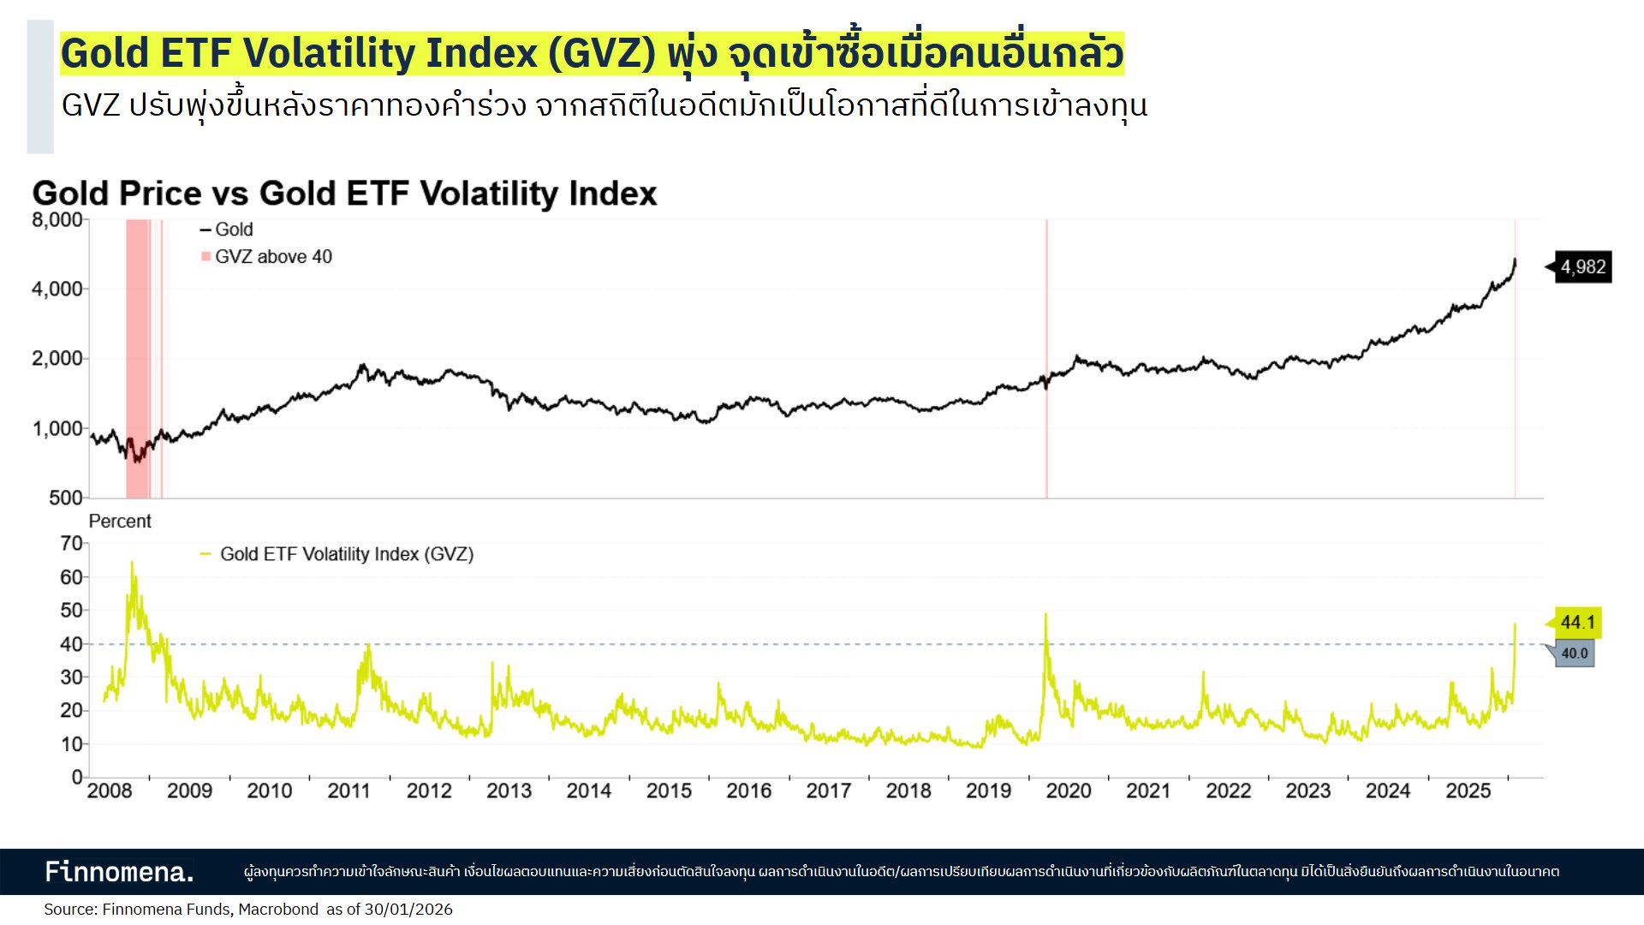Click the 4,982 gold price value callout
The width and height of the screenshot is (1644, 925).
tap(1583, 267)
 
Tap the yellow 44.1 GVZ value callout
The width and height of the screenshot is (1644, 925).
tap(1577, 623)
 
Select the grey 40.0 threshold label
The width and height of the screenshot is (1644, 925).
tap(1574, 653)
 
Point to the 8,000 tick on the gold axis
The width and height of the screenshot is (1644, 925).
tap(57, 220)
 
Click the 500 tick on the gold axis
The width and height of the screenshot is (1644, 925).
tap(65, 498)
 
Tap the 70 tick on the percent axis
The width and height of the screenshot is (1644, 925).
tap(71, 544)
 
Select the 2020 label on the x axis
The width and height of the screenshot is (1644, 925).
tap(1068, 791)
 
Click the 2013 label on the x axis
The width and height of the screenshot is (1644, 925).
tap(509, 791)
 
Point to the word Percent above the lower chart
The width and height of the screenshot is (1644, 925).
tap(120, 522)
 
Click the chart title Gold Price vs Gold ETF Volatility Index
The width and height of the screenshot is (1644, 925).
tap(344, 194)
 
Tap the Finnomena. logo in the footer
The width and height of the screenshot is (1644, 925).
tap(119, 872)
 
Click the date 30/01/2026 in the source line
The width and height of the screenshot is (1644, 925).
tap(408, 910)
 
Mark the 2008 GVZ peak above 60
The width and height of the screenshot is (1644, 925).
tap(132, 564)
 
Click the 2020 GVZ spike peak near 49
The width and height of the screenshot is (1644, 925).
tap(1045, 615)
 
